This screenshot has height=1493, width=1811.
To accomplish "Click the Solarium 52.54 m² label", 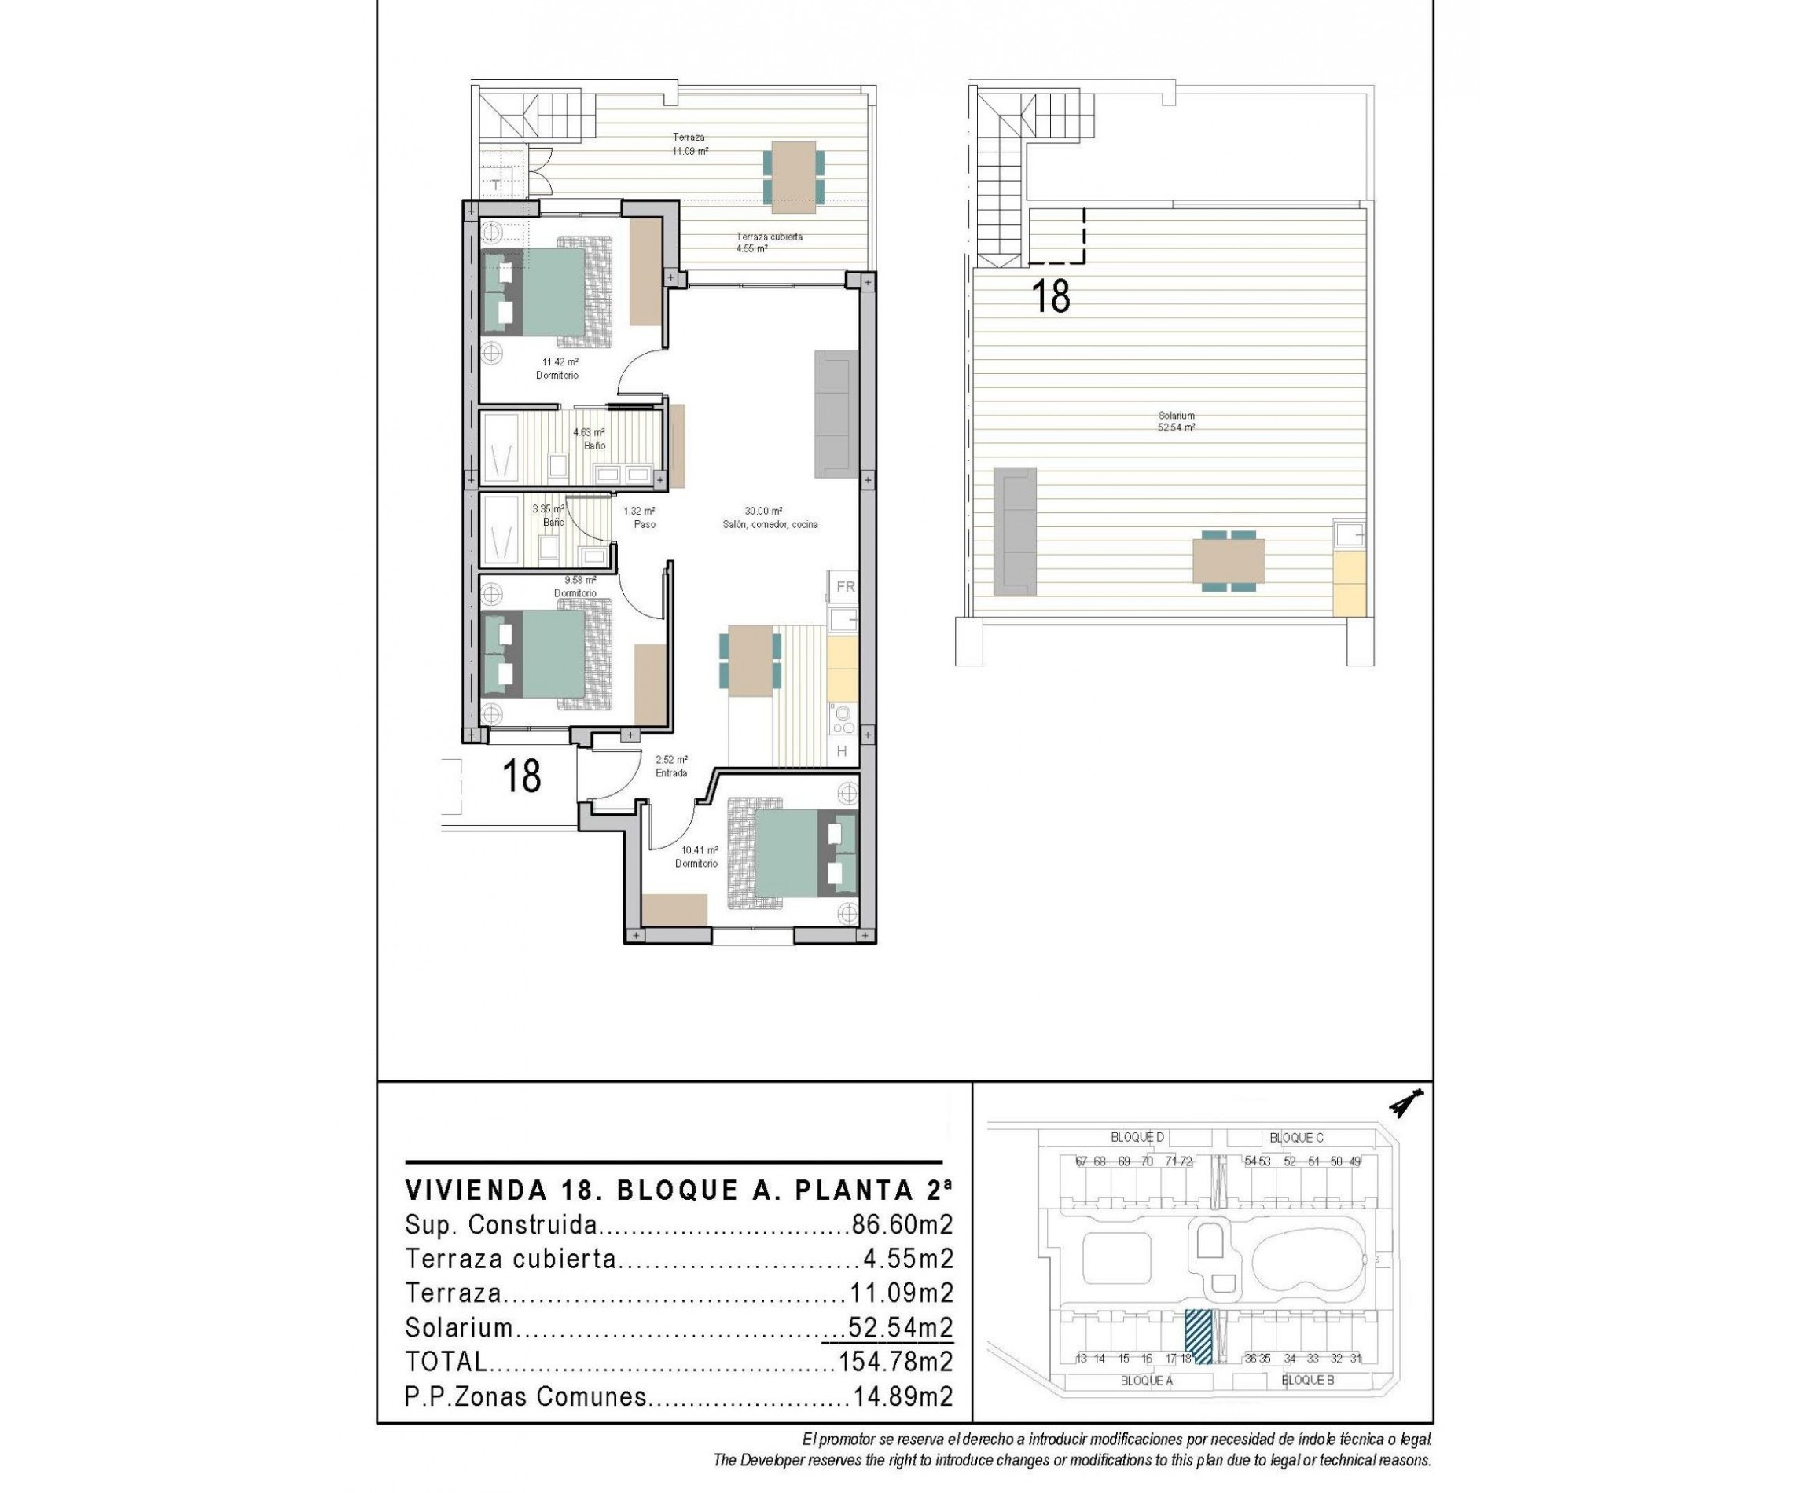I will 1175,421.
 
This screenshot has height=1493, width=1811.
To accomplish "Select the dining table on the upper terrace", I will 792,177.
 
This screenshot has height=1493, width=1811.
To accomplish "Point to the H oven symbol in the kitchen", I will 841,750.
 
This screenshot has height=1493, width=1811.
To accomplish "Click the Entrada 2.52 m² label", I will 671,765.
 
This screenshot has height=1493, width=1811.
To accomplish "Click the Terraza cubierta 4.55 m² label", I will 768,242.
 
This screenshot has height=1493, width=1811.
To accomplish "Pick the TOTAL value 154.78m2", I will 894,1362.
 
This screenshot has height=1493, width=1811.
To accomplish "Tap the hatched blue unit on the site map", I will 1198,1337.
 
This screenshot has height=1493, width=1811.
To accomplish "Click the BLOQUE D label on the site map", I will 1137,1137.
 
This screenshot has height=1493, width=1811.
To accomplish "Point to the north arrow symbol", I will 1405,1103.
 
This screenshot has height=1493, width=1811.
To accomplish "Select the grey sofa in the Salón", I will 836,413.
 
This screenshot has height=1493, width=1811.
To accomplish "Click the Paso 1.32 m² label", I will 639,517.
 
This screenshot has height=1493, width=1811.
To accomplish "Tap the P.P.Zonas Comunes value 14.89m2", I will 902,1396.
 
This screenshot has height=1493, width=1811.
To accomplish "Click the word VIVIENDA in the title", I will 476,1190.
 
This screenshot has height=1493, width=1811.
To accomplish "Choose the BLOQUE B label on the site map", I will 1307,1381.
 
